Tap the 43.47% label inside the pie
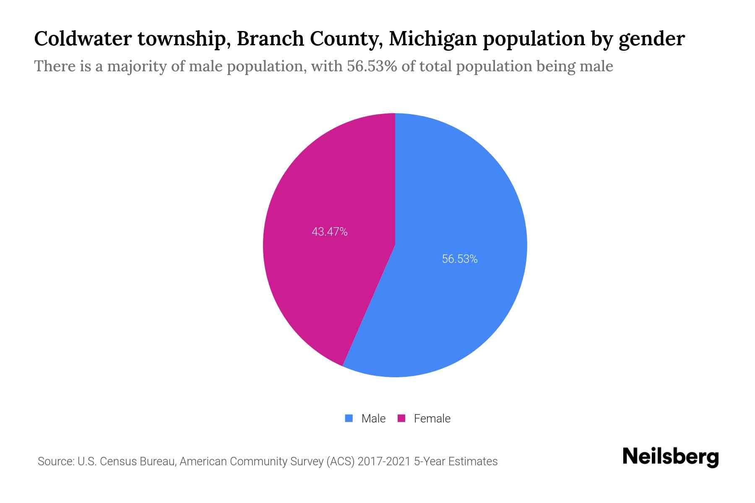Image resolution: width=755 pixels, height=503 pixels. pos(330,232)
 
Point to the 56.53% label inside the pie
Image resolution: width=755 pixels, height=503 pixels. pos(460,259)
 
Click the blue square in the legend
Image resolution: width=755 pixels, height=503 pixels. pos(349,418)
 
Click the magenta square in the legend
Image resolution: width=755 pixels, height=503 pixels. pos(401,418)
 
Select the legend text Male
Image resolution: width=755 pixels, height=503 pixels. pos(373,418)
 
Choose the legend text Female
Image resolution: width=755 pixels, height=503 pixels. pos(432,418)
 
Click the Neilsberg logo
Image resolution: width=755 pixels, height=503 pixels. pos(670,457)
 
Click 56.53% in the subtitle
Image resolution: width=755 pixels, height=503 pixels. pos(372,66)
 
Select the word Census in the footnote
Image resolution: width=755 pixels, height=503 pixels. pos(118,462)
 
